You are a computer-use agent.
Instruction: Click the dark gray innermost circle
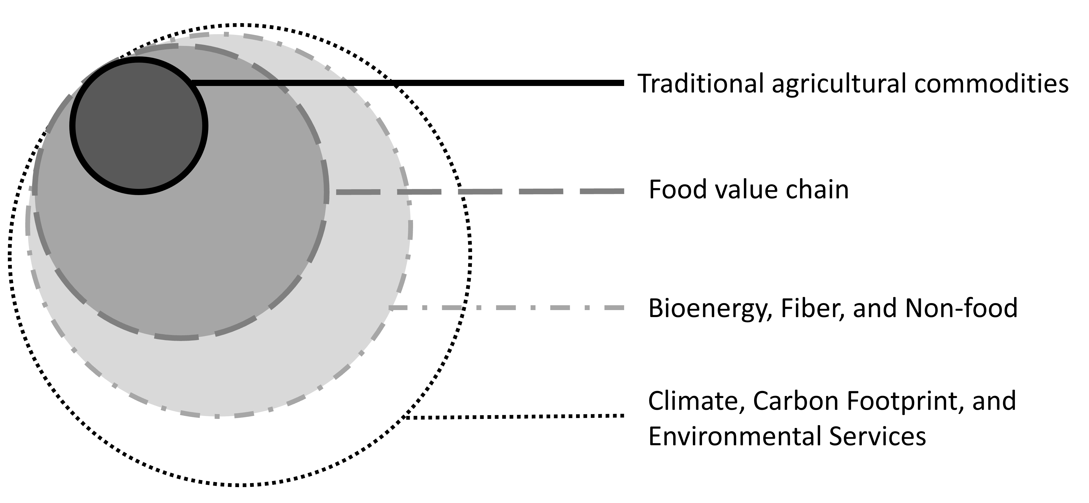[139, 126]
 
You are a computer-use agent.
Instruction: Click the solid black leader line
[408, 83]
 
